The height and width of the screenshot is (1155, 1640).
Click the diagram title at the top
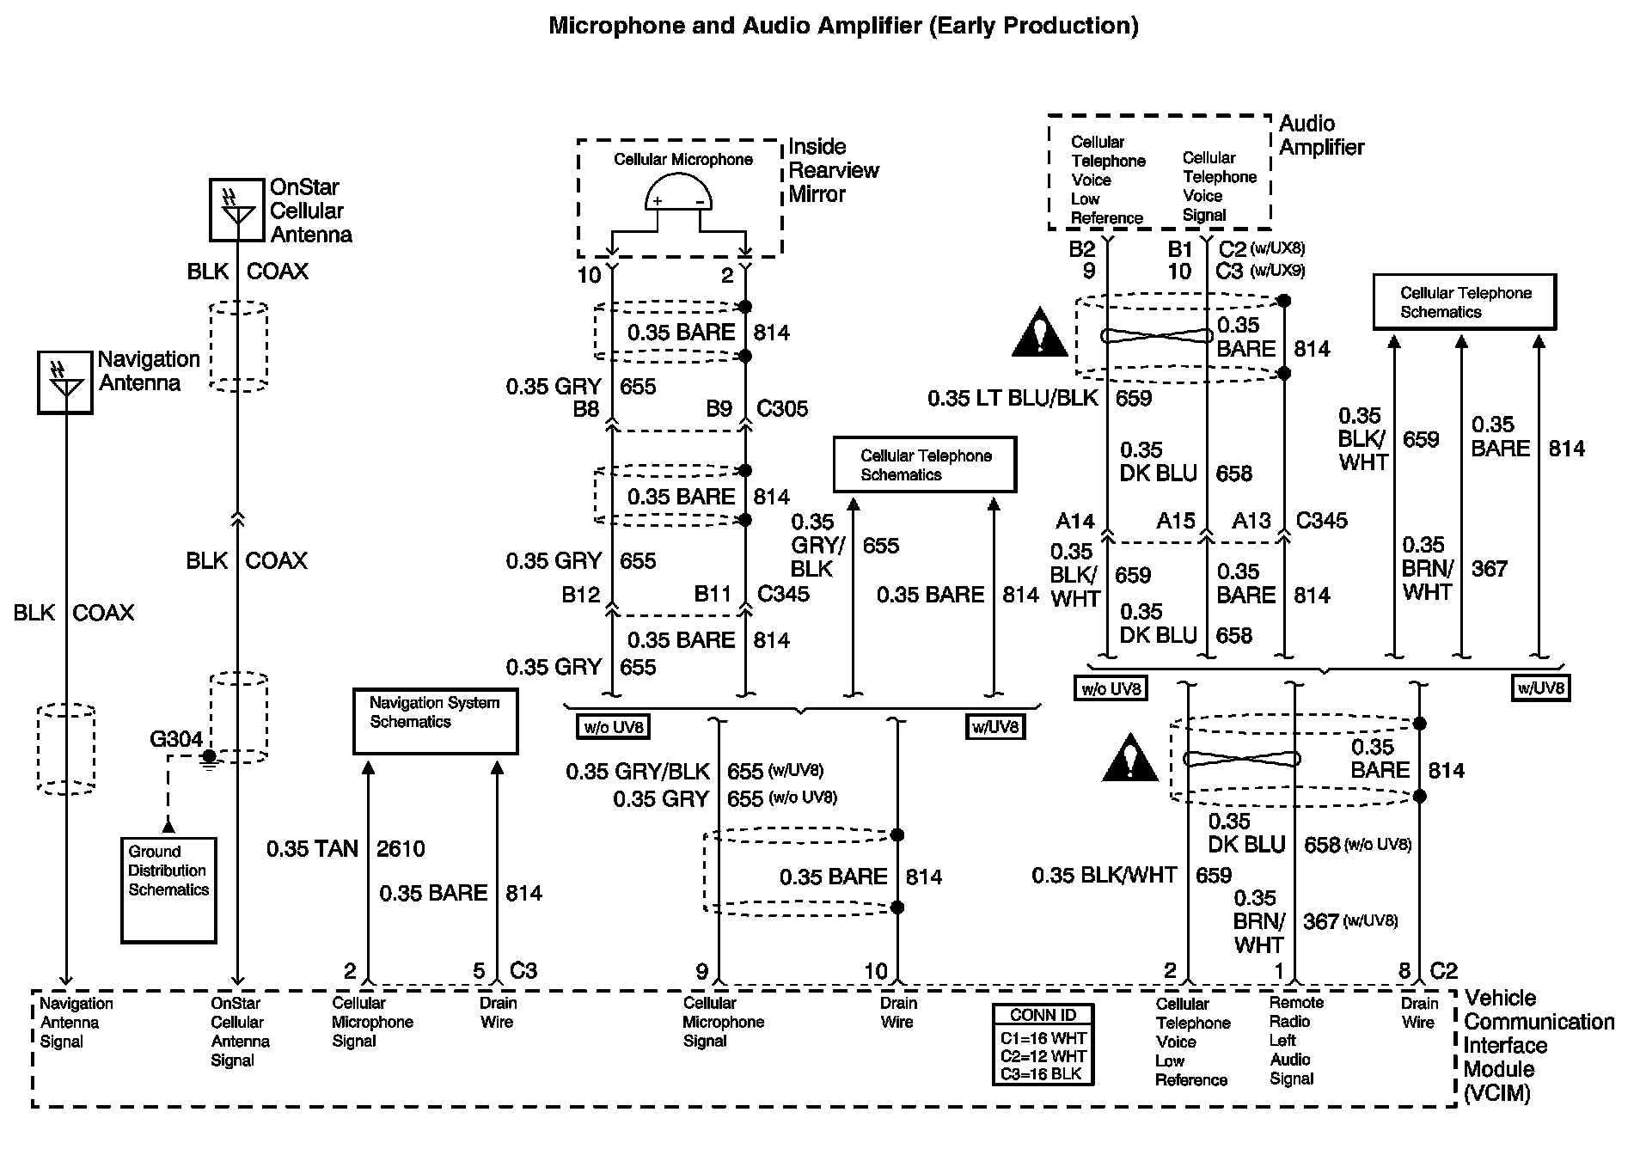click(843, 26)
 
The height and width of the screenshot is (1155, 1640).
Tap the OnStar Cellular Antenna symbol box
click(236, 210)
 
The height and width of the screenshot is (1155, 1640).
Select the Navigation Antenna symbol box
click(65, 382)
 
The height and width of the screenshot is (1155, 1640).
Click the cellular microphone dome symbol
click(679, 192)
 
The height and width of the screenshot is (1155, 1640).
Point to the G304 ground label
click(176, 739)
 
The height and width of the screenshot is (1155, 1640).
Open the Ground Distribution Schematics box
click(168, 890)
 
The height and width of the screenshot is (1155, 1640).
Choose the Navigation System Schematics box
click(436, 721)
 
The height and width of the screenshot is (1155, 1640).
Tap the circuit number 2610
click(401, 849)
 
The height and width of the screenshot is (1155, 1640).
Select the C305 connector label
click(782, 408)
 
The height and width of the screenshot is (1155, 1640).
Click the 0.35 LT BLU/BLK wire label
click(1013, 398)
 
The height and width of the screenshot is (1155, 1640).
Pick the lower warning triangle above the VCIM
click(1131, 757)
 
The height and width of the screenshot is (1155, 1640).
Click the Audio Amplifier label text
click(1321, 136)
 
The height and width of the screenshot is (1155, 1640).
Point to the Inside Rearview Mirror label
click(834, 170)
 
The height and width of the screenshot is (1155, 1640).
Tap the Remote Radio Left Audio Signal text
click(1297, 1041)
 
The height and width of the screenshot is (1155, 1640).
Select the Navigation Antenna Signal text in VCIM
click(76, 1023)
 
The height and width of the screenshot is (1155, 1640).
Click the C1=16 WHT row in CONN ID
click(1043, 1037)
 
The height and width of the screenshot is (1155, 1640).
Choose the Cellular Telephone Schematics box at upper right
click(1465, 302)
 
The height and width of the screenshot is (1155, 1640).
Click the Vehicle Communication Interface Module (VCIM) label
click(1539, 1045)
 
